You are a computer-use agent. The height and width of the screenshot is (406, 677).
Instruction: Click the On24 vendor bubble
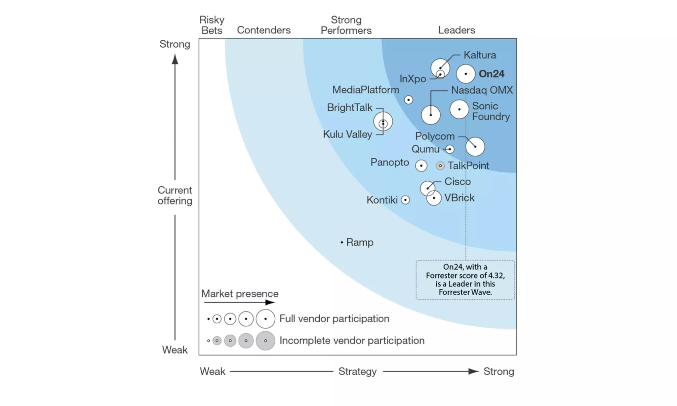(x=465, y=74)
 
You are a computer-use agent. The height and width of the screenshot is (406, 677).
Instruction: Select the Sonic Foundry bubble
(x=459, y=109)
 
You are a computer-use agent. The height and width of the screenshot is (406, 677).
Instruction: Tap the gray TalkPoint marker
(x=440, y=166)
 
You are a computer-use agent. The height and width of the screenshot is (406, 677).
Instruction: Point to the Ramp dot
(x=341, y=242)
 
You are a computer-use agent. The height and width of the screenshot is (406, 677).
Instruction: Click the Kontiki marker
(x=405, y=200)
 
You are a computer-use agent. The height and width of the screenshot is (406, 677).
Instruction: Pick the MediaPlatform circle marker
(x=409, y=100)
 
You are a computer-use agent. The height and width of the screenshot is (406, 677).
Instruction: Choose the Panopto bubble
(x=421, y=166)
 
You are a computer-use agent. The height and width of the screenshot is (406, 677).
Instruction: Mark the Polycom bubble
(x=475, y=146)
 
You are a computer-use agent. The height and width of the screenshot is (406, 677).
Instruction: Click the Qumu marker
(x=450, y=149)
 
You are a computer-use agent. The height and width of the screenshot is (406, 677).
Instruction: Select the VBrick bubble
(x=434, y=198)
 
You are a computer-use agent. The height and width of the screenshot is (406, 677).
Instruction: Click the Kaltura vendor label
(x=480, y=55)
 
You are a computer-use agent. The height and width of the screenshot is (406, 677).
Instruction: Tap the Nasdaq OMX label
(x=482, y=90)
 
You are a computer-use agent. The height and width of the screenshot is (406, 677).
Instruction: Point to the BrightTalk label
(x=349, y=108)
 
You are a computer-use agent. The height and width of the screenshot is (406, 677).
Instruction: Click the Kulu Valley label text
(x=347, y=134)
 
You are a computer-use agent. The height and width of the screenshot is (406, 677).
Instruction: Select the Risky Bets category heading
(x=212, y=25)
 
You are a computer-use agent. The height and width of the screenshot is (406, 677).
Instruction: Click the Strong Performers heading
(x=346, y=25)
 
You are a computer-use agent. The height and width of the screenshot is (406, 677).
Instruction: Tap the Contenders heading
(x=264, y=30)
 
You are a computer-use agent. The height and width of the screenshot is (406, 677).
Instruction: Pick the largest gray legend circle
(x=265, y=341)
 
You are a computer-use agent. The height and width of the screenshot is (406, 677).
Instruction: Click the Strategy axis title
(x=357, y=371)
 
